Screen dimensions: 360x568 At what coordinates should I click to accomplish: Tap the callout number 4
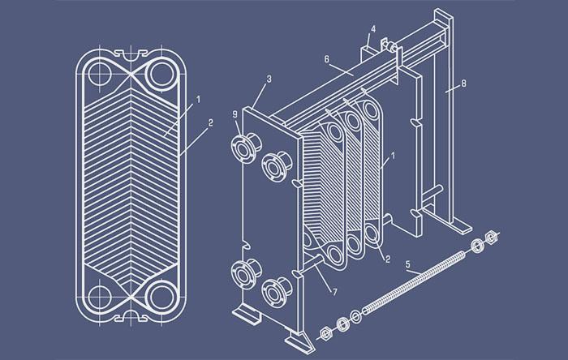point(374,30)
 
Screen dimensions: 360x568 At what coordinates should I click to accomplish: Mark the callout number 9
point(235,114)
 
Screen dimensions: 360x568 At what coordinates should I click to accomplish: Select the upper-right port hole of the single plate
point(161,74)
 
